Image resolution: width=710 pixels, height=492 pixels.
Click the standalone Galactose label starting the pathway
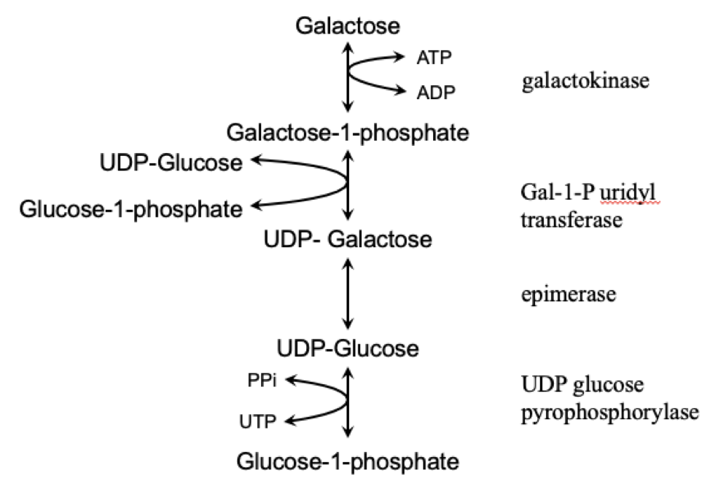(x=348, y=26)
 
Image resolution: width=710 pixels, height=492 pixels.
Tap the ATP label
(x=434, y=57)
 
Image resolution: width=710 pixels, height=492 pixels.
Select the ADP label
(x=435, y=92)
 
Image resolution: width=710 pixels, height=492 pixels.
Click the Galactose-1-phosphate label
(x=347, y=133)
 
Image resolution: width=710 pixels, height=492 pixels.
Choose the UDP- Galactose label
(x=347, y=239)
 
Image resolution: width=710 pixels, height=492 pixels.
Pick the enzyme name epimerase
(x=569, y=294)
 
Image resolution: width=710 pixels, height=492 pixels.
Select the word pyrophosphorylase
(x=610, y=413)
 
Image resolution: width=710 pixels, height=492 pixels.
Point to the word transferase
(x=571, y=219)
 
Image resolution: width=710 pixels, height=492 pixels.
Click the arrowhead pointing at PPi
(x=289, y=379)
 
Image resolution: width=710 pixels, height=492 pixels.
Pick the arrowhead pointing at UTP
(x=289, y=421)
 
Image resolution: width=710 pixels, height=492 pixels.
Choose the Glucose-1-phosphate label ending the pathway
(x=348, y=461)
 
